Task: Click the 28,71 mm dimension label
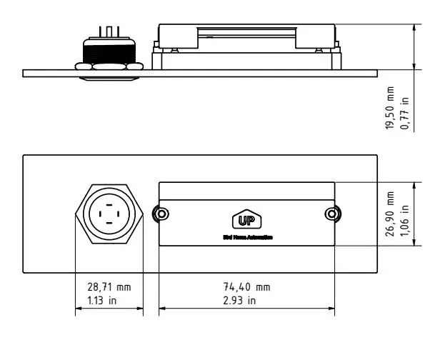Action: (109, 286)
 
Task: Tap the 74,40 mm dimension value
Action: (246, 286)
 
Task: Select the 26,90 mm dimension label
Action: (390, 213)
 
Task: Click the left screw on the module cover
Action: (162, 214)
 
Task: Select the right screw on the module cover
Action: (330, 214)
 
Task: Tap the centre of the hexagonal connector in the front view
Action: (109, 214)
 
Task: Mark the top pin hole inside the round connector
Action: (109, 204)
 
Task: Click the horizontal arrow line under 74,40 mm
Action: (246, 309)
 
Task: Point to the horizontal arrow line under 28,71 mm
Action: (109, 309)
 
